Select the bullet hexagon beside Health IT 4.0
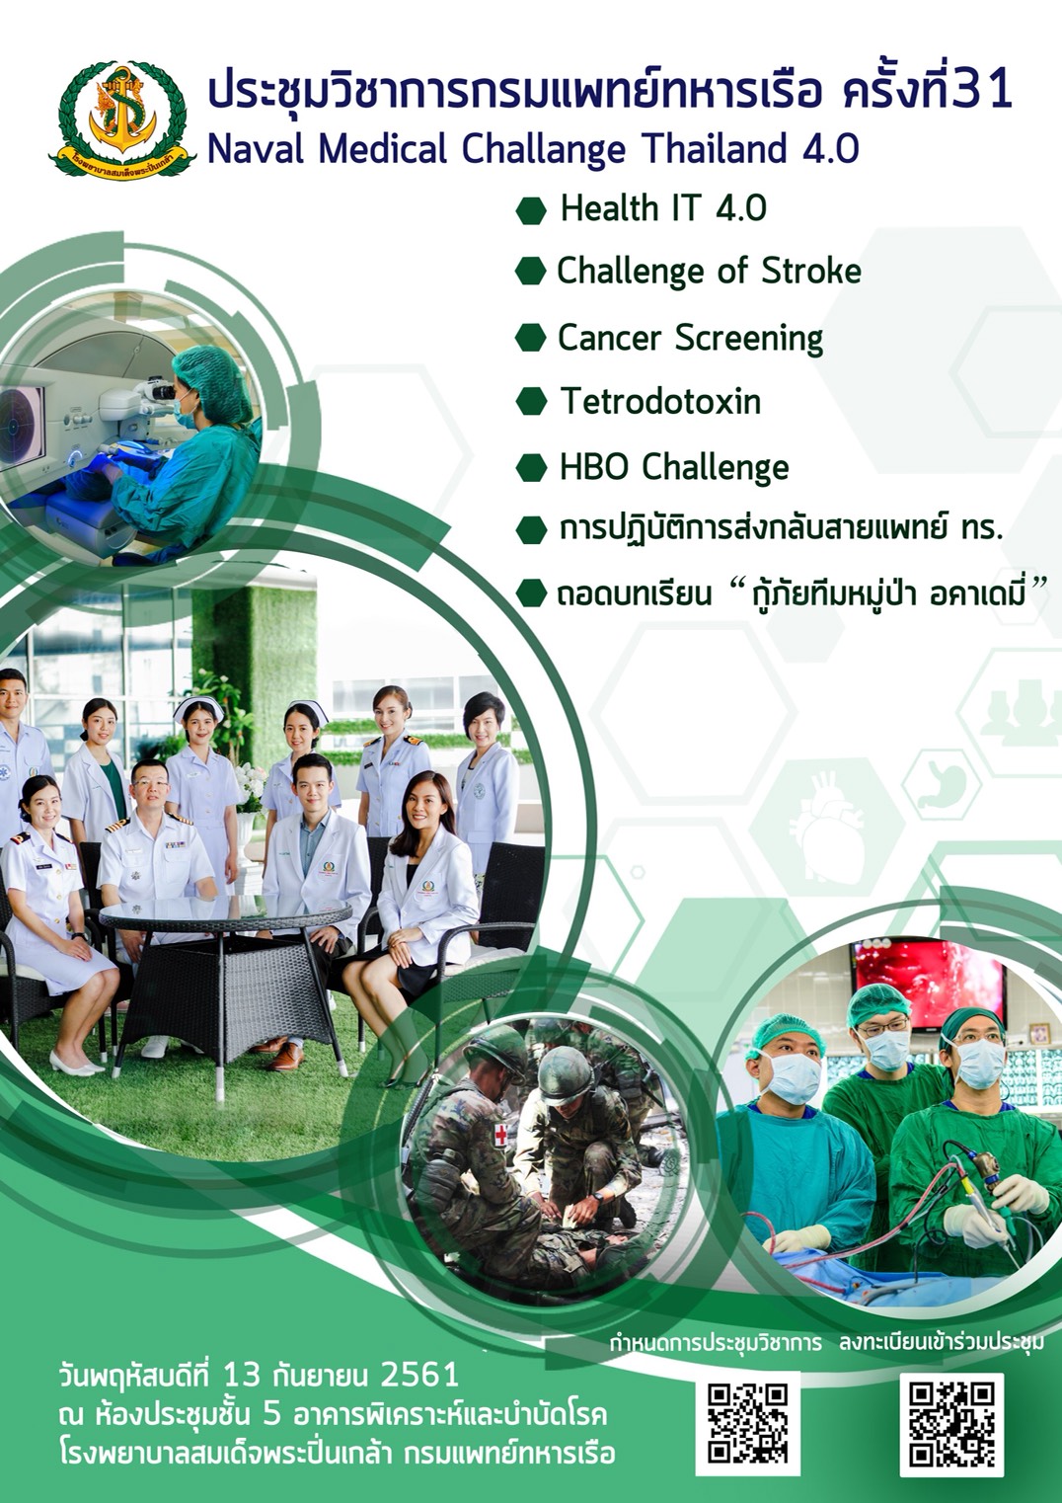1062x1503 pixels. [531, 210]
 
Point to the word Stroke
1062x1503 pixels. [811, 271]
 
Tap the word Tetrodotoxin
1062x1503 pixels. [660, 401]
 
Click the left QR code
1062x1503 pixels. [747, 1423]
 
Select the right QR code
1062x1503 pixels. [951, 1424]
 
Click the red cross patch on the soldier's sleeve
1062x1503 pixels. [500, 1134]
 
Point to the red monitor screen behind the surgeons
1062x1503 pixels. [930, 983]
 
